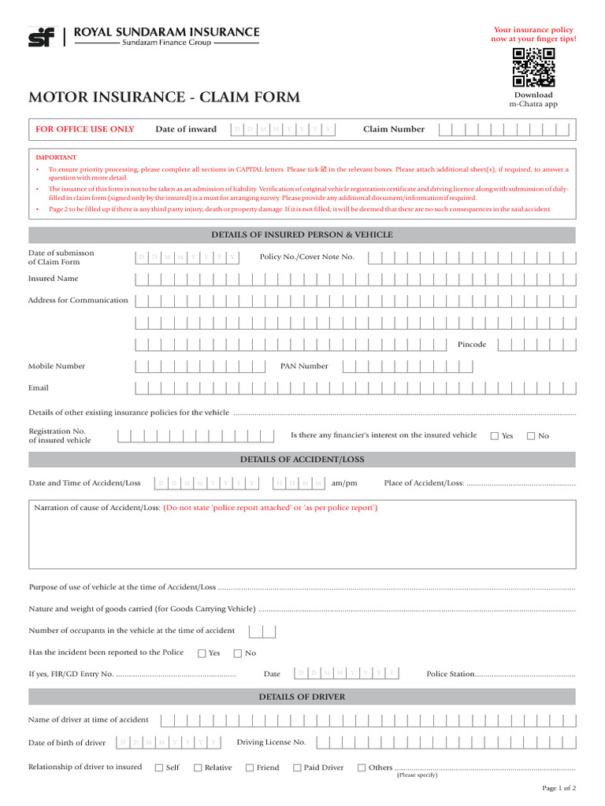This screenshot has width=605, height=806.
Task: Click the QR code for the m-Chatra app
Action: tap(533, 68)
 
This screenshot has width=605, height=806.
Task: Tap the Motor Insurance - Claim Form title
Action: tap(164, 98)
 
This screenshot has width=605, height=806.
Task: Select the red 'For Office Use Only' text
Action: tap(85, 129)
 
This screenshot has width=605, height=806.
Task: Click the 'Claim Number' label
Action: tap(393, 129)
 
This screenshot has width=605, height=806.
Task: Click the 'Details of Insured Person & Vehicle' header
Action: tap(302, 235)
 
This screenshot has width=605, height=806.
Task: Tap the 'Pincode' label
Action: tap(472, 344)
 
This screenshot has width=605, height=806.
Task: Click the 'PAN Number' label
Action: tap(304, 366)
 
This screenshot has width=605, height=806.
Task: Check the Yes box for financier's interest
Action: tap(495, 435)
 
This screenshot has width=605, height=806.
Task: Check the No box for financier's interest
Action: tap(531, 435)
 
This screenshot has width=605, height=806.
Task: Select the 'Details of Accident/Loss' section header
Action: tap(302, 460)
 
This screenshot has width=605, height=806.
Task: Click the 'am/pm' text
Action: tap(344, 482)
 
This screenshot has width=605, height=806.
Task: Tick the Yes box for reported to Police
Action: tap(202, 653)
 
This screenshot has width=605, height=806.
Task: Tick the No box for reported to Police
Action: tap(238, 653)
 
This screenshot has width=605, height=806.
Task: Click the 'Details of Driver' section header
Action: tap(302, 697)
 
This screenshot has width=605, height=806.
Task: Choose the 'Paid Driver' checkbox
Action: tap(298, 767)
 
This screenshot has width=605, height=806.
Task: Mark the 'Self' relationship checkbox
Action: tap(159, 767)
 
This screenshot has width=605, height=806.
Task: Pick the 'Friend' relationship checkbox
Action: tap(250, 767)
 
